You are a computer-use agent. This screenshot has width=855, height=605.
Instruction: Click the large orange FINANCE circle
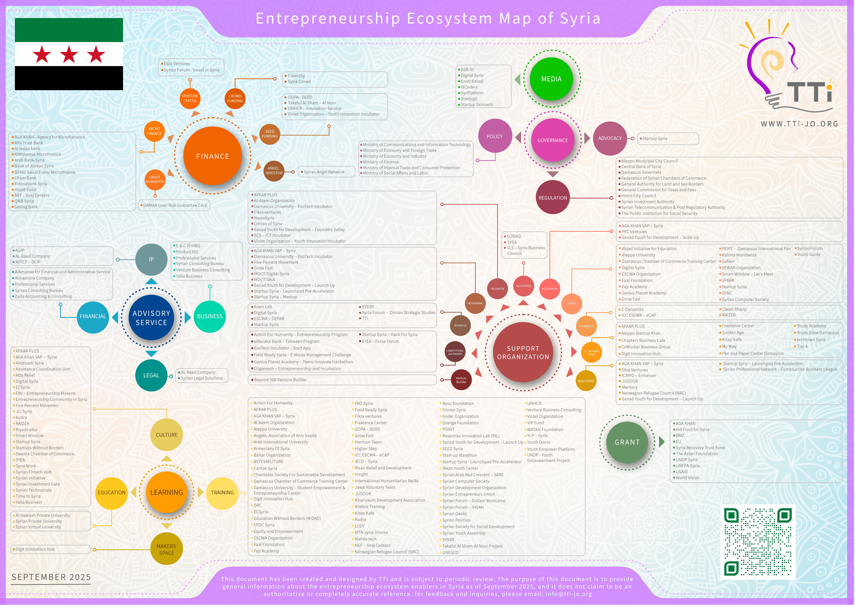click(x=213, y=156)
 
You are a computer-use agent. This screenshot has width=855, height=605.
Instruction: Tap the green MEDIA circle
click(x=551, y=79)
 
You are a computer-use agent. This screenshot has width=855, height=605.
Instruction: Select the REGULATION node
click(x=553, y=197)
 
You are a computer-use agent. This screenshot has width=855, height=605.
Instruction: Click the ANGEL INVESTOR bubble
click(x=274, y=171)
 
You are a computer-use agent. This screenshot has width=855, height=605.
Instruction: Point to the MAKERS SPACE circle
click(x=166, y=549)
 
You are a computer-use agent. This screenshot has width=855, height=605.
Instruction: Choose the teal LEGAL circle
click(x=151, y=375)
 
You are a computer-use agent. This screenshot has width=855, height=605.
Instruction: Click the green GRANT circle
click(x=627, y=442)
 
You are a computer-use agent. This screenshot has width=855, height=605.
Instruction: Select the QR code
click(x=757, y=542)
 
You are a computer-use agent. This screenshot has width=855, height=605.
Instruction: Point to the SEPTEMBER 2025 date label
click(x=51, y=577)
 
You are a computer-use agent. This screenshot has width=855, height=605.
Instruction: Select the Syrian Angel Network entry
click(x=324, y=172)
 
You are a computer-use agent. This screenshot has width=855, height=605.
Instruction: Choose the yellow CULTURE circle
click(x=166, y=435)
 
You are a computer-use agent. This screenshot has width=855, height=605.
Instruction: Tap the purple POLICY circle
click(x=495, y=136)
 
